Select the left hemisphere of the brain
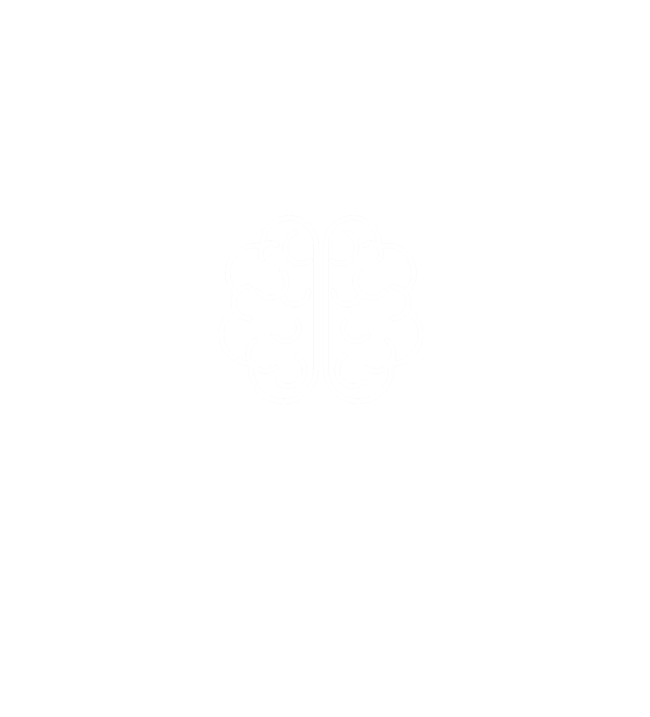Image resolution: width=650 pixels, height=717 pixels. [x=270, y=309]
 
